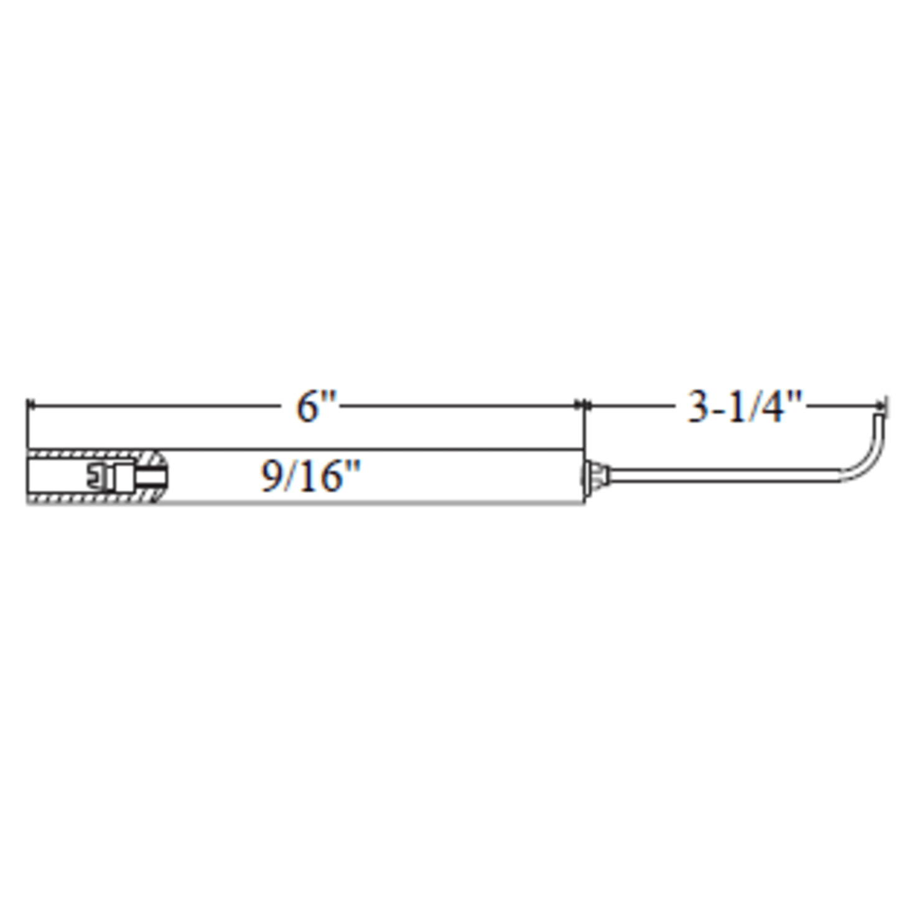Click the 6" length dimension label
tap(316, 407)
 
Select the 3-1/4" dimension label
tap(745, 407)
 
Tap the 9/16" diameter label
tap(310, 477)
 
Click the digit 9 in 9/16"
tap(269, 477)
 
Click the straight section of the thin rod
tap(723, 477)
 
